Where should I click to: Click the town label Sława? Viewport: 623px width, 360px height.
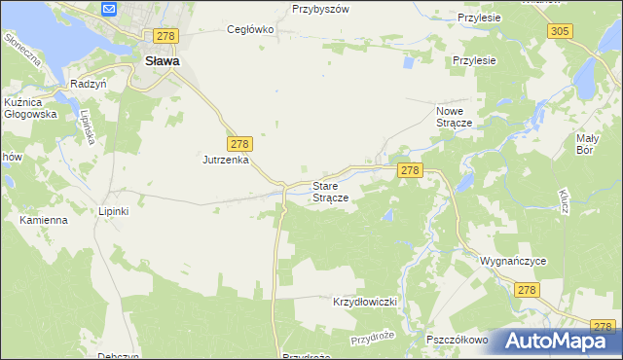pos(161,60)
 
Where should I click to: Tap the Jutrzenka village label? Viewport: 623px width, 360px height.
pos(227,160)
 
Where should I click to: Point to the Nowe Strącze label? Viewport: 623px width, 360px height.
pos(454,118)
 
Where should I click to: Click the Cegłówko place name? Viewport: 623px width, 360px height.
pos(251,29)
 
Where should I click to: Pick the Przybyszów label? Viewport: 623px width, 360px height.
pos(320,8)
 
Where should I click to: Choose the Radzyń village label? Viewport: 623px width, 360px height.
pos(87,84)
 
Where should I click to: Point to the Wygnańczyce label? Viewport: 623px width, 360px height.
pos(512,262)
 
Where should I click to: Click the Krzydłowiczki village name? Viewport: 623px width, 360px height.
pos(367,302)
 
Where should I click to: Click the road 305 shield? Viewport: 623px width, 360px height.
pos(559,32)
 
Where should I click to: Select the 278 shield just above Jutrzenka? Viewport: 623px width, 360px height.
pos(241,142)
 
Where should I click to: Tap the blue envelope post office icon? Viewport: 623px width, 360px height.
pos(109,10)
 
